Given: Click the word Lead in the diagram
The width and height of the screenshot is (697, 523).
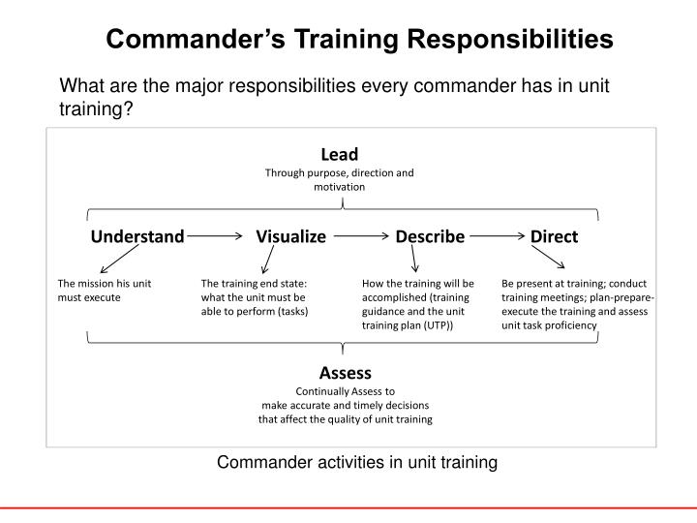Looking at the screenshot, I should point(339,154).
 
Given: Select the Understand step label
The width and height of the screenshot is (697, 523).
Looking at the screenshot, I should point(137,236).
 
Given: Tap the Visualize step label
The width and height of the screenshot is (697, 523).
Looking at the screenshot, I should point(290,236).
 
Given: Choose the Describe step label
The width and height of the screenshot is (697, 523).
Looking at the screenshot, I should point(430,236).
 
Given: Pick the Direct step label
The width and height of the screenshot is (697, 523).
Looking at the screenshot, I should point(554,236).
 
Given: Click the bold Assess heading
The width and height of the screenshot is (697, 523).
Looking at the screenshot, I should point(346,372).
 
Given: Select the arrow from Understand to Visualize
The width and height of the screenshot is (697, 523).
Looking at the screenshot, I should point(215,235).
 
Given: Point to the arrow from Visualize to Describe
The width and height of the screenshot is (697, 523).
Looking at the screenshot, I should point(360,235).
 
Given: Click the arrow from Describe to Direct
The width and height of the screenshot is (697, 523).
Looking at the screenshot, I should point(497,235).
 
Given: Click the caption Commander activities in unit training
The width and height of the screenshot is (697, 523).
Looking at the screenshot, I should point(356,463).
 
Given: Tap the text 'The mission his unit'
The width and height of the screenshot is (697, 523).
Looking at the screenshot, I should point(104,284).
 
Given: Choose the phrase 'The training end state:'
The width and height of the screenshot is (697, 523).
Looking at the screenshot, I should point(252,284).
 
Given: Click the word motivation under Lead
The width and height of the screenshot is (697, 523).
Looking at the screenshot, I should point(339,187).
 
